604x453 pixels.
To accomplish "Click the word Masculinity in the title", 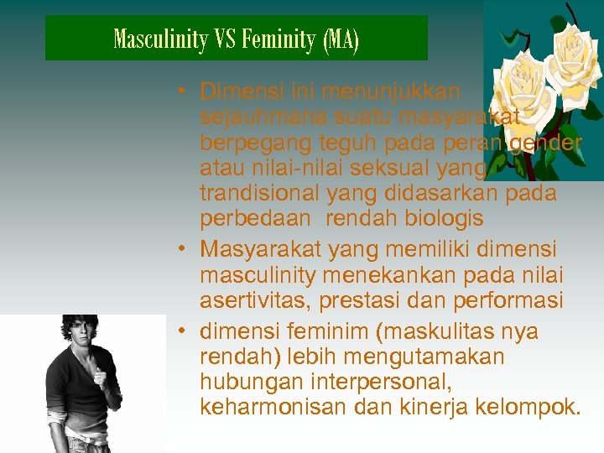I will pos(160,39).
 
